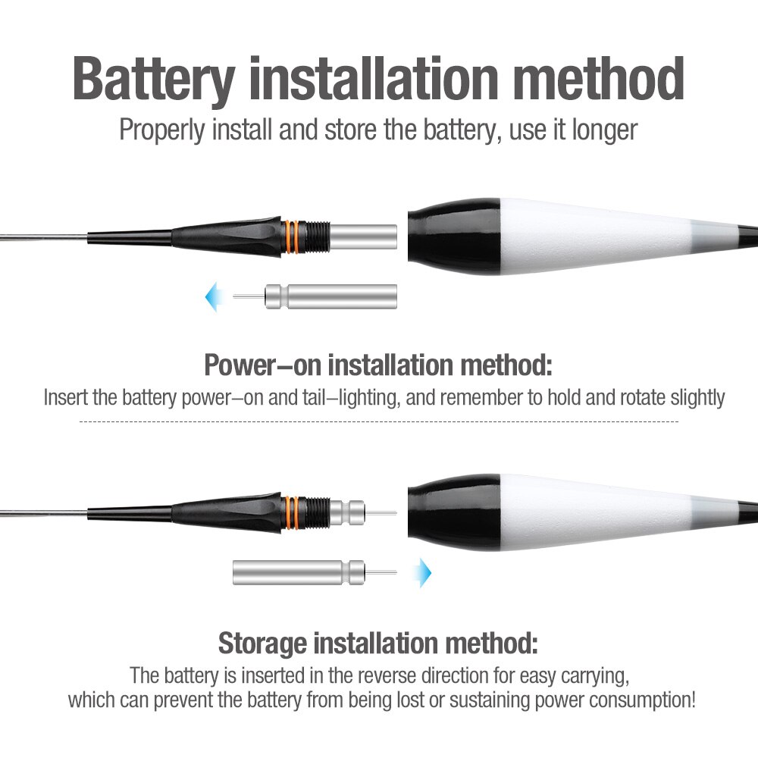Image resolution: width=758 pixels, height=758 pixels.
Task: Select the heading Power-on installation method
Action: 378,365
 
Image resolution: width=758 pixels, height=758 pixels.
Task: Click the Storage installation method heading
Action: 378,644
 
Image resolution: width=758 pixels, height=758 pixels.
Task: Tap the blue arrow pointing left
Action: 213,296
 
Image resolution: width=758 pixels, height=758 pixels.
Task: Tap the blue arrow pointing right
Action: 423,571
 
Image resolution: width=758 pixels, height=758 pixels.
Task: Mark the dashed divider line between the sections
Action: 378,421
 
